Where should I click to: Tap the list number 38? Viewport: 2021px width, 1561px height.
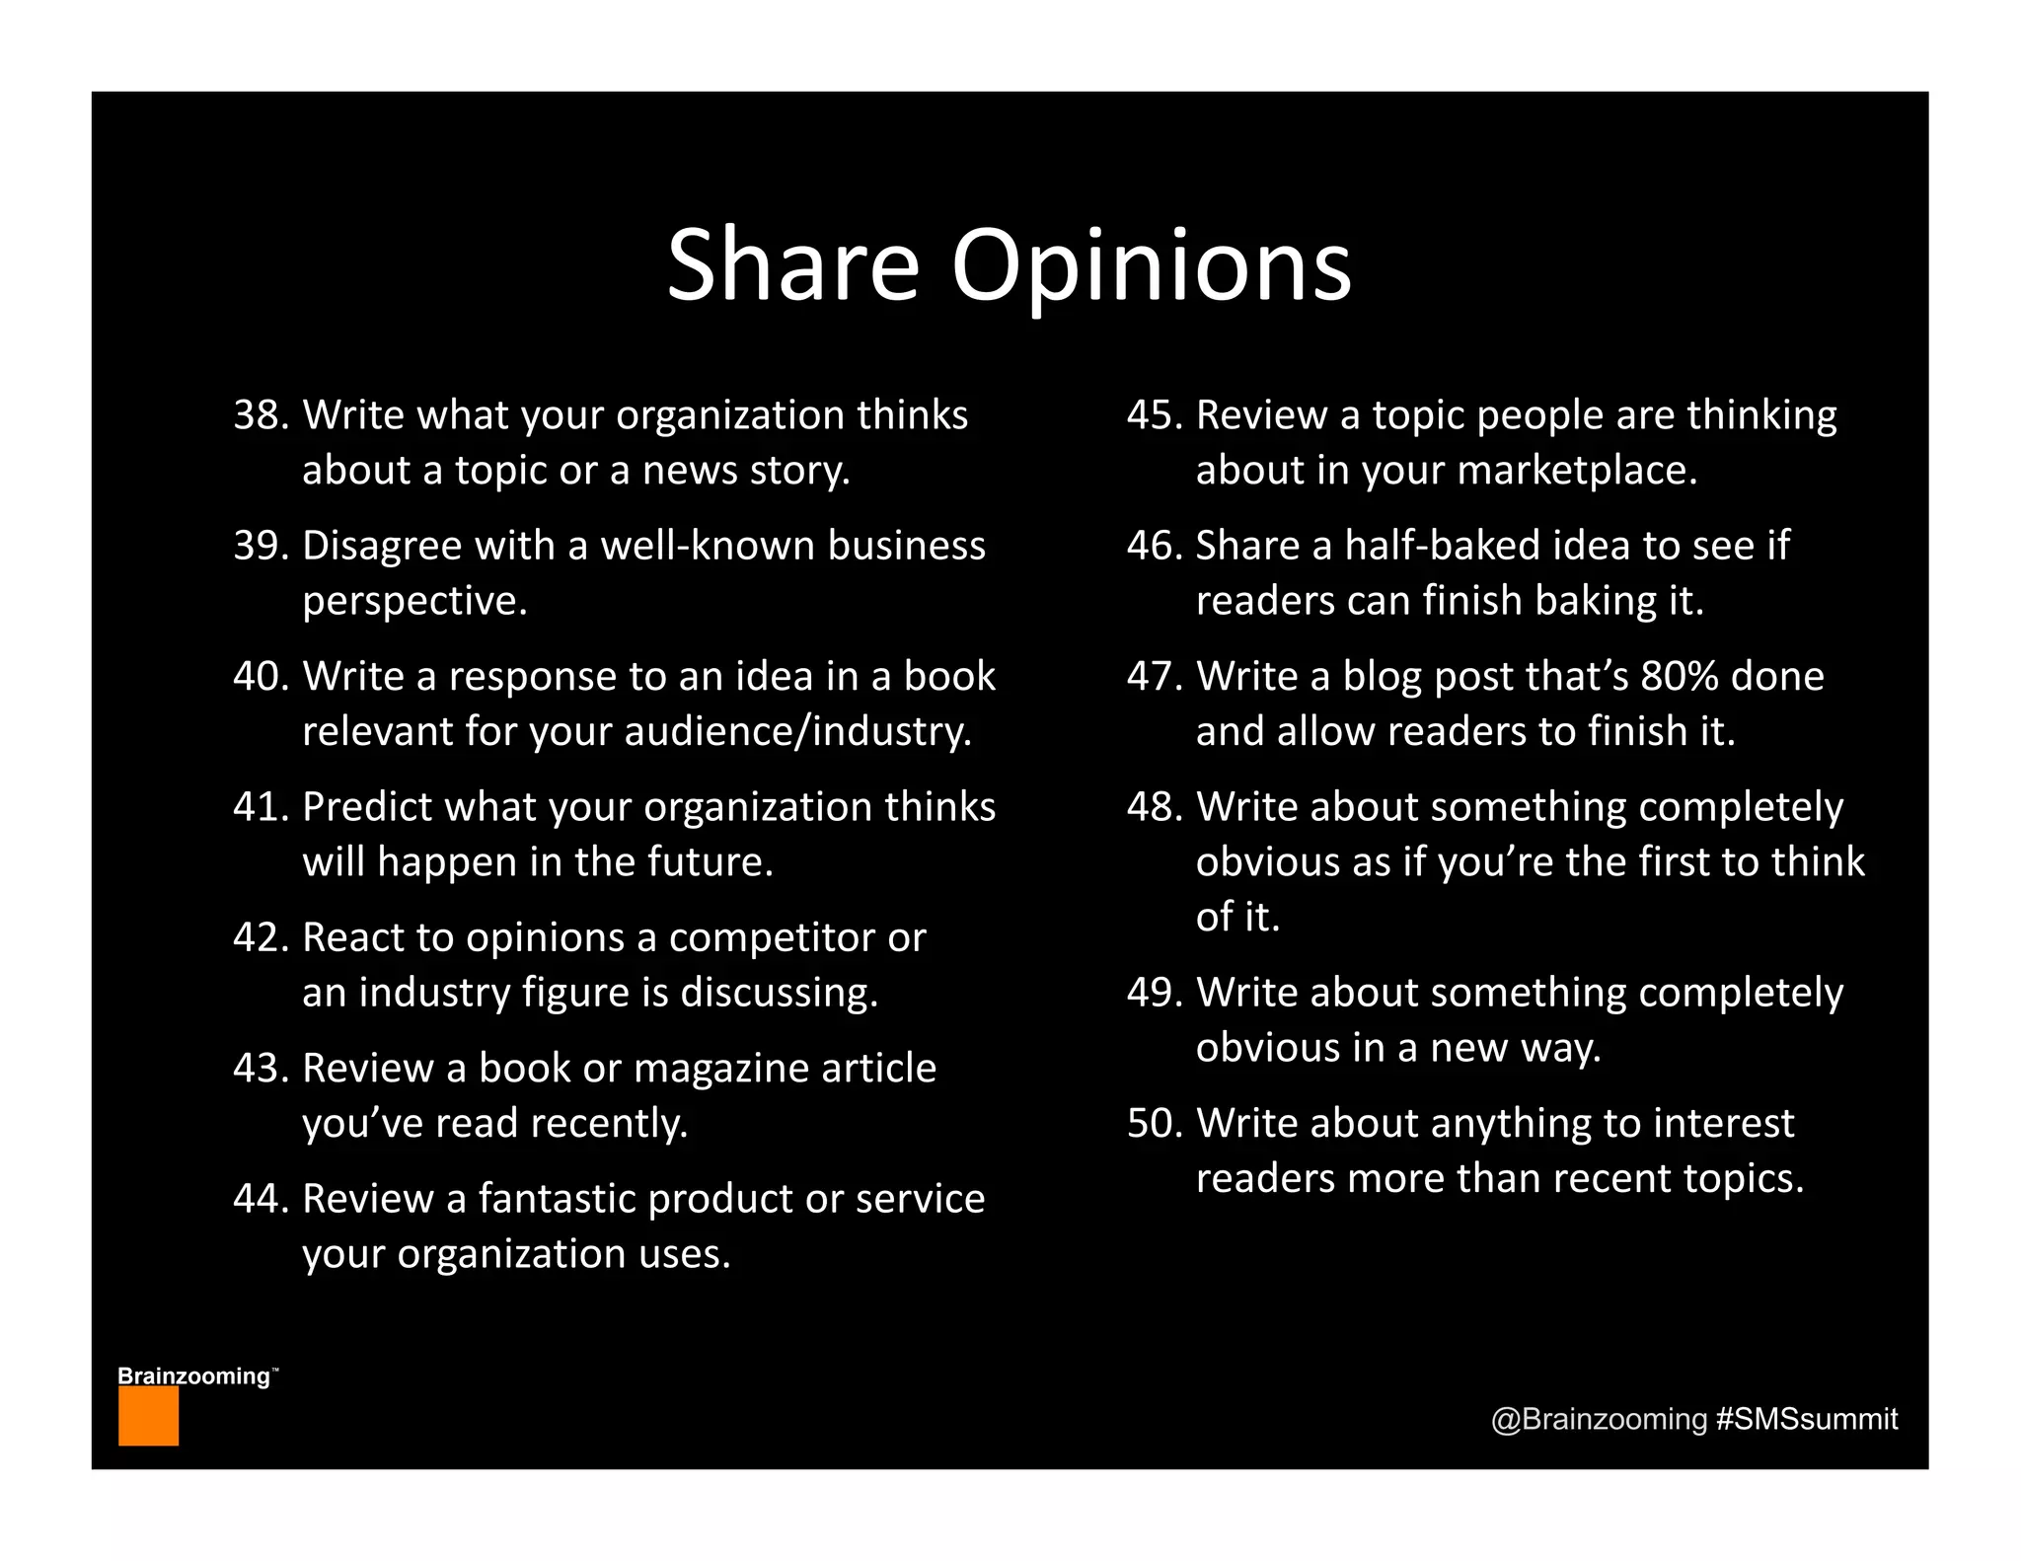(259, 415)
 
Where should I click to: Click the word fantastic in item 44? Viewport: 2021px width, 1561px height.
(557, 1199)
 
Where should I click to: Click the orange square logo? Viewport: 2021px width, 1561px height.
(148, 1416)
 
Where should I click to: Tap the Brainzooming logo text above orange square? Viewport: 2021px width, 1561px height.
(194, 1375)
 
